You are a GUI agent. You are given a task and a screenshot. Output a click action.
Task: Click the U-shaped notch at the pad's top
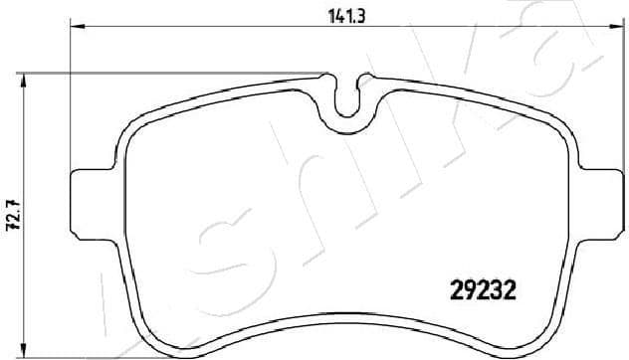(347, 99)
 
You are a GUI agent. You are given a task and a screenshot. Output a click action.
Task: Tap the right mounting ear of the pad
(600, 206)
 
